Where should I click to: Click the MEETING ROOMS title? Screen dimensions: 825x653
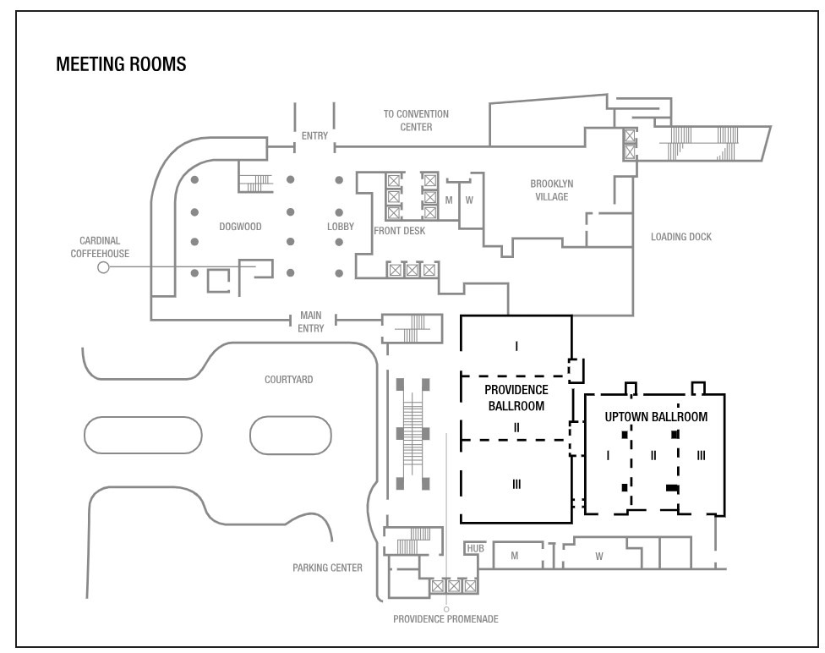[x=121, y=64]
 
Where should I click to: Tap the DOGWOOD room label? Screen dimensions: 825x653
[x=240, y=227]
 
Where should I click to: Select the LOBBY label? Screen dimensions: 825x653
[x=341, y=227]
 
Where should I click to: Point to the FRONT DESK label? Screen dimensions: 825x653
[x=399, y=231]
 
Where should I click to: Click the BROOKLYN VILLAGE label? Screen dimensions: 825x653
[x=551, y=190]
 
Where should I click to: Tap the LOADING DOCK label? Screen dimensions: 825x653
[x=680, y=237]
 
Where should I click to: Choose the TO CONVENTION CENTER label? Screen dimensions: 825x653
[x=416, y=121]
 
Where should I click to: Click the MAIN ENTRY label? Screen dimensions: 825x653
[x=311, y=321]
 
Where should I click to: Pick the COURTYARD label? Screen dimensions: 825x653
[x=288, y=380]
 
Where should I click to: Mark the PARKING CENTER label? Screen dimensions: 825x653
[x=327, y=568]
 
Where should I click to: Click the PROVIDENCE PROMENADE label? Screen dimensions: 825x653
[x=445, y=619]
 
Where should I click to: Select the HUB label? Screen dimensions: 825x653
[x=475, y=548]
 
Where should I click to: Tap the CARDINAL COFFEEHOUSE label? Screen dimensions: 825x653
[x=100, y=247]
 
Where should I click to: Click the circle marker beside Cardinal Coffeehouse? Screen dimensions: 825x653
[x=103, y=267]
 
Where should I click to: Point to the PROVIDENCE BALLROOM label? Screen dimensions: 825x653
[x=516, y=398]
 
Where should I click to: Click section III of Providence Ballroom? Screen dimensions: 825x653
[x=516, y=484]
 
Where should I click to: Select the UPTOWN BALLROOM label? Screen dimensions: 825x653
[x=656, y=417]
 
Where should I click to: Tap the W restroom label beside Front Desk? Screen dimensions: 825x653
[x=469, y=200]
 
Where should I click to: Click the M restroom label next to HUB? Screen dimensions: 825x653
[x=515, y=556]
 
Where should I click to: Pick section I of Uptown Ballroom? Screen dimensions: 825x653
[x=608, y=456]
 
